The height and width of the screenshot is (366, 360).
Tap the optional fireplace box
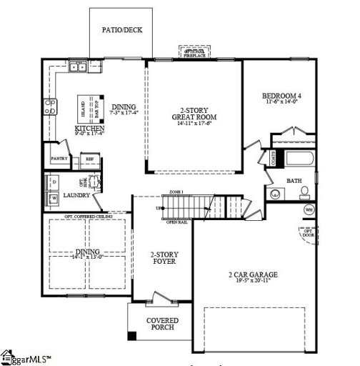tap(195, 52)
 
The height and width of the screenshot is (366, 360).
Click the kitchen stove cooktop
tap(51, 107)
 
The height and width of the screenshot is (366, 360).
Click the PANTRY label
tap(59, 159)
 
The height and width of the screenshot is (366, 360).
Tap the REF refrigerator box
tap(89, 159)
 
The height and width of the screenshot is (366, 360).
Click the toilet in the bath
tap(304, 191)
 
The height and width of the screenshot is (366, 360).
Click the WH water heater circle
tap(309, 209)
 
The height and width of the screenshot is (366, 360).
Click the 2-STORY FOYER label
tap(164, 257)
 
